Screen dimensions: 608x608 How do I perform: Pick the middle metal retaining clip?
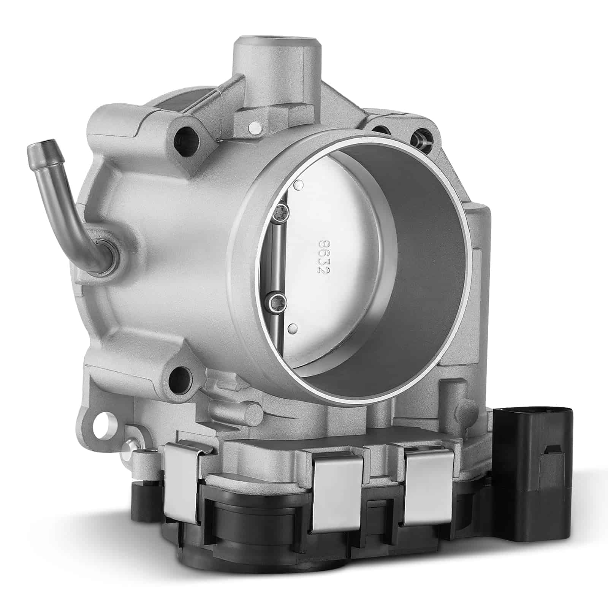point(337,494)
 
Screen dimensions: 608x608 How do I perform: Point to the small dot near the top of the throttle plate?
point(299,185)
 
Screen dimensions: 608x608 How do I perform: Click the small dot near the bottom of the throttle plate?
point(292,327)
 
